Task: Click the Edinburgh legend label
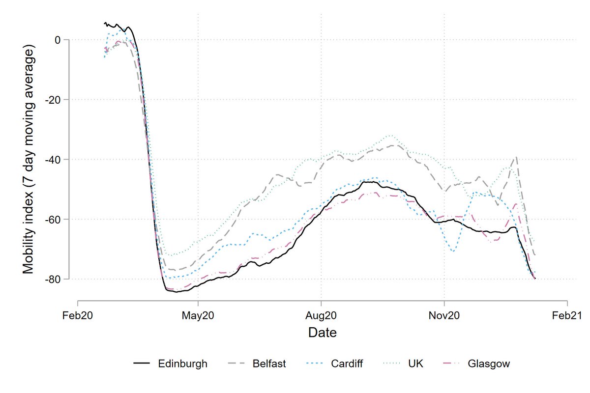tap(182, 364)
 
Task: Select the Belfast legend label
tap(269, 364)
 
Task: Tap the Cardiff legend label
tap(347, 364)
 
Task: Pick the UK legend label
tap(415, 364)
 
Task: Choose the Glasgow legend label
tap(489, 364)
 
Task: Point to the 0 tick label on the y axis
tap(58, 40)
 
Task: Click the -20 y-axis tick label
tap(53, 100)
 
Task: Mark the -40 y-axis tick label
tap(53, 160)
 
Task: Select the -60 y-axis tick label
tap(53, 219)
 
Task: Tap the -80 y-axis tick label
tap(53, 279)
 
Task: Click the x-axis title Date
tap(323, 333)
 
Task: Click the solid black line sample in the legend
tap(142, 364)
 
